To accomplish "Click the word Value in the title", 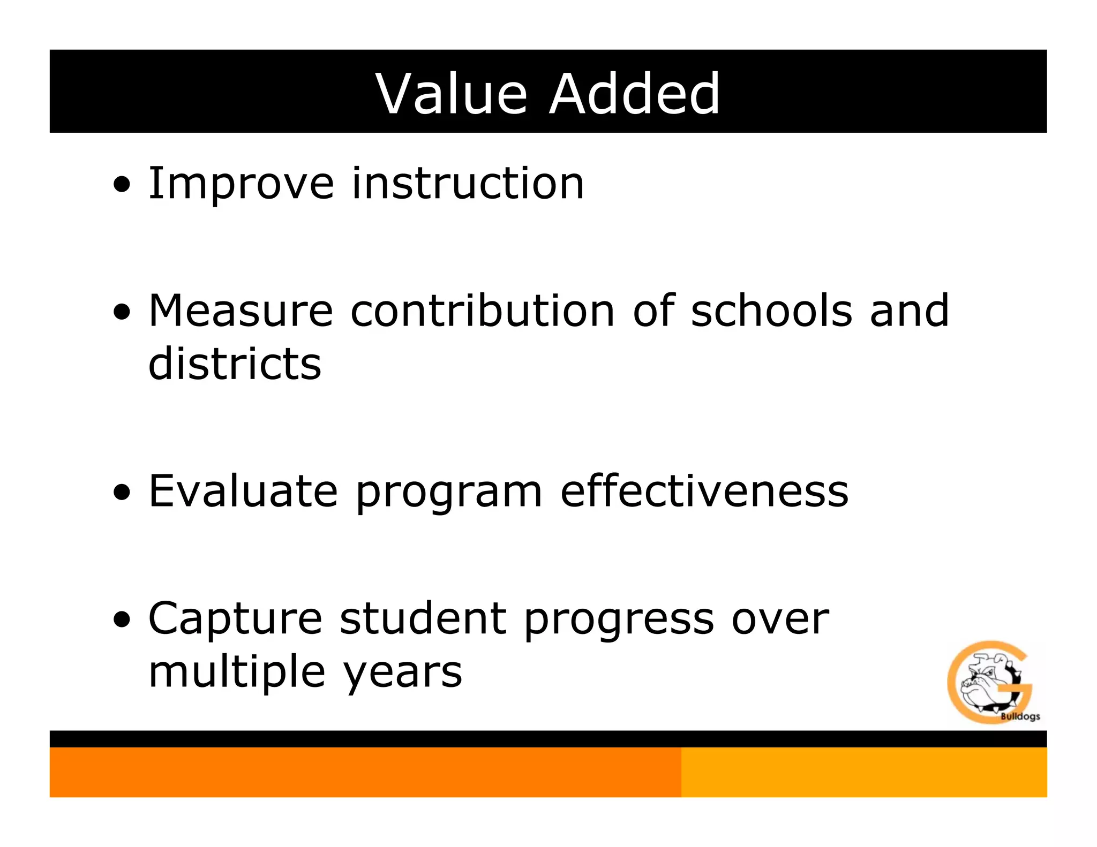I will pyautogui.click(x=452, y=94).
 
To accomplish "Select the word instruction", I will pyautogui.click(x=468, y=184).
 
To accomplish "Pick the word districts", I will pyautogui.click(x=235, y=364).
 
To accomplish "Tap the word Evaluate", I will pyautogui.click(x=243, y=491).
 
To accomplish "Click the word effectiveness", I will pyautogui.click(x=704, y=491).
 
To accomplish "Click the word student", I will pyautogui.click(x=423, y=618).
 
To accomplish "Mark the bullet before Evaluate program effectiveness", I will pyautogui.click(x=122, y=491).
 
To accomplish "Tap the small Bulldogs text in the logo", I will pyautogui.click(x=1020, y=716).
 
